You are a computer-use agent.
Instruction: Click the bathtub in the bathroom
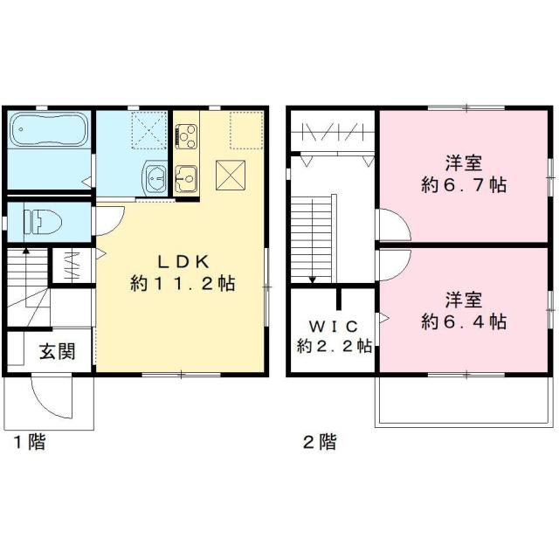(x=49, y=133)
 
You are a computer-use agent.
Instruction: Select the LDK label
(x=183, y=260)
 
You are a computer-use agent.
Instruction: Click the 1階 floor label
(x=29, y=442)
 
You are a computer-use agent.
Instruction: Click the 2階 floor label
(x=319, y=442)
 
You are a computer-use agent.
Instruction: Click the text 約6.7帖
(x=464, y=184)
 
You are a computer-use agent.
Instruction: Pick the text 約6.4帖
(x=464, y=321)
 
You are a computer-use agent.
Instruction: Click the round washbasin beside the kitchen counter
(x=155, y=177)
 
